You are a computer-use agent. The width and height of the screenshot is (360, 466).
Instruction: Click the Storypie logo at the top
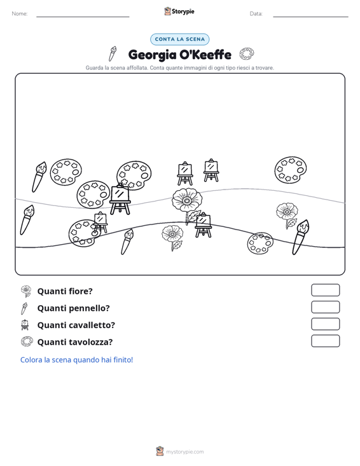coord(179,11)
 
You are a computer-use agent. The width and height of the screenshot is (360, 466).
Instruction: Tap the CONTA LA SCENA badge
coord(180,39)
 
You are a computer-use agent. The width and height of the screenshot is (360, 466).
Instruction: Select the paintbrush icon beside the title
coord(113,53)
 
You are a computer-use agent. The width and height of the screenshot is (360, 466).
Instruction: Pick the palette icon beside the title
coord(247,54)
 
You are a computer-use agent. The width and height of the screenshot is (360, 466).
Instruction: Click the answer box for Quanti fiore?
coord(326,290)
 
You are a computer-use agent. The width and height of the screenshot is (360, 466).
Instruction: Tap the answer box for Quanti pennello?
coord(326,307)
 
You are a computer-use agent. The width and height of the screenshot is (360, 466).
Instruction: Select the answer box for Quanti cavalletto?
coord(326,324)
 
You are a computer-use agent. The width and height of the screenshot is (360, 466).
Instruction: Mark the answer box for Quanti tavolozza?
coord(326,341)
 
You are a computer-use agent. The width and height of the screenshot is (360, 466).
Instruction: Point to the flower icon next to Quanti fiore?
coord(26,291)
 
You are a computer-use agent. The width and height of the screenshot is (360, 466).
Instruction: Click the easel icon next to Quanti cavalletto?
coord(25,325)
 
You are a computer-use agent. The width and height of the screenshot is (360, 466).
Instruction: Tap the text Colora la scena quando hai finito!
coord(76,360)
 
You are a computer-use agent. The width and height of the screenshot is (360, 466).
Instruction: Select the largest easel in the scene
coord(120,199)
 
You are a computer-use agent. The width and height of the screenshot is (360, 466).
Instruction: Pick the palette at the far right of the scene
coord(290,170)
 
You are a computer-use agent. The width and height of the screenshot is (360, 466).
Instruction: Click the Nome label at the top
coord(20,14)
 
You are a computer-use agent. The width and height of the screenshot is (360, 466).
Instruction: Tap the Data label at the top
coord(256,14)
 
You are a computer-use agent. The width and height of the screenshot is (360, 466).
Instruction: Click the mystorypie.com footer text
coord(184,452)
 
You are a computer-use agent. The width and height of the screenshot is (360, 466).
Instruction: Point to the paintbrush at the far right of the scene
coord(301,237)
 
